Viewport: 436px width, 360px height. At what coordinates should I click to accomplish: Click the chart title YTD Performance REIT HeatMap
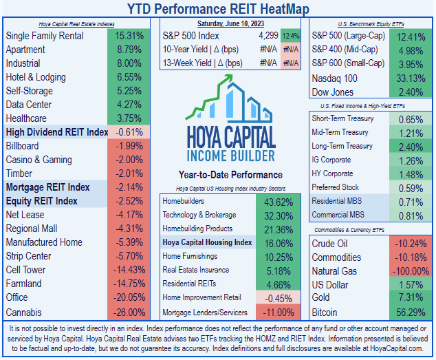coord(218,9)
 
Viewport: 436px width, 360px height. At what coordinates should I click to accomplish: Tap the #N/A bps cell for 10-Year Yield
coord(290,49)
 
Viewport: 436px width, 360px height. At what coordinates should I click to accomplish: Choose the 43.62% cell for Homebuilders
coord(276,201)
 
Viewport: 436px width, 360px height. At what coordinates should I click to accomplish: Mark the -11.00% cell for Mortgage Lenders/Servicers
coord(276,311)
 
